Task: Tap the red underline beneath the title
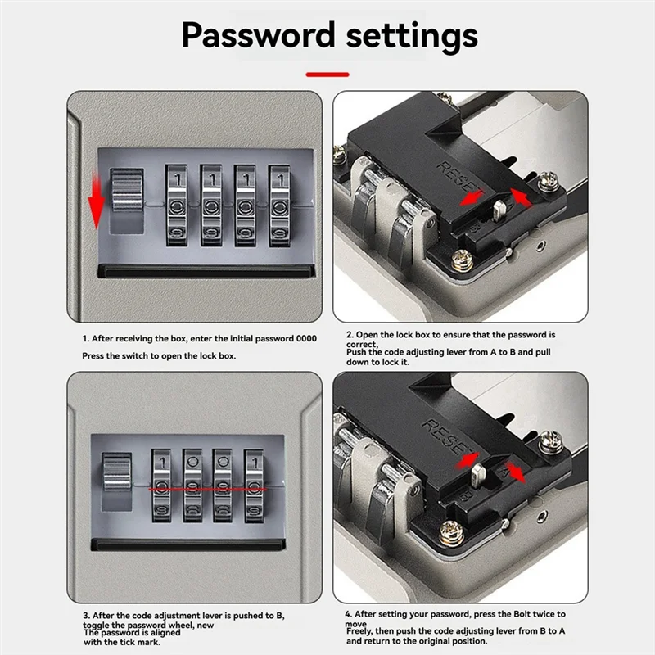click(327, 75)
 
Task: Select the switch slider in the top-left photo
click(126, 201)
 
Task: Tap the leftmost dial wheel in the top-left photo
click(177, 206)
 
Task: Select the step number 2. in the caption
click(350, 335)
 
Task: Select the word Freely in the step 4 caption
click(360, 631)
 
